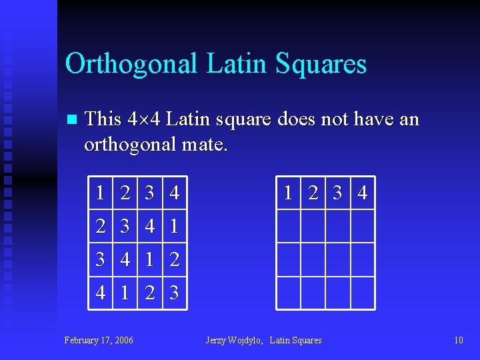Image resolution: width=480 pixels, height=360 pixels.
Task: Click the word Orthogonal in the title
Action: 131,64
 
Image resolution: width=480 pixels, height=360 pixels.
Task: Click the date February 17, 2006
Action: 99,340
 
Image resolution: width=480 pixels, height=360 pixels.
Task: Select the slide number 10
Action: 458,340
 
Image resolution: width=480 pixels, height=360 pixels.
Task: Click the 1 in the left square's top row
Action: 99,193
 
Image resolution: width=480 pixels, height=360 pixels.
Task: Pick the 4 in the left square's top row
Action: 175,193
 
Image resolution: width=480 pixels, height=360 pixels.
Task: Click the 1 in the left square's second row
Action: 175,227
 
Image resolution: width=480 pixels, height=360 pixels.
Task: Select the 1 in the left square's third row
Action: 150,259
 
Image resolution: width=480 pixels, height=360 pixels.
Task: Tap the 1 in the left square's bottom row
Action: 125,292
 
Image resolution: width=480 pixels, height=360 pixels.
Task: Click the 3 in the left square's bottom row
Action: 175,292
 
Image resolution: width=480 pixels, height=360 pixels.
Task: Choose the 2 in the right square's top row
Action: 312,193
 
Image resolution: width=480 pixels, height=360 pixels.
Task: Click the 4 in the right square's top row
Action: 362,193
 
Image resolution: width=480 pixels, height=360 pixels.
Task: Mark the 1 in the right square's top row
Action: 288,193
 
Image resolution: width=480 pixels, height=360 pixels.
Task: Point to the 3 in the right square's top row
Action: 337,193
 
